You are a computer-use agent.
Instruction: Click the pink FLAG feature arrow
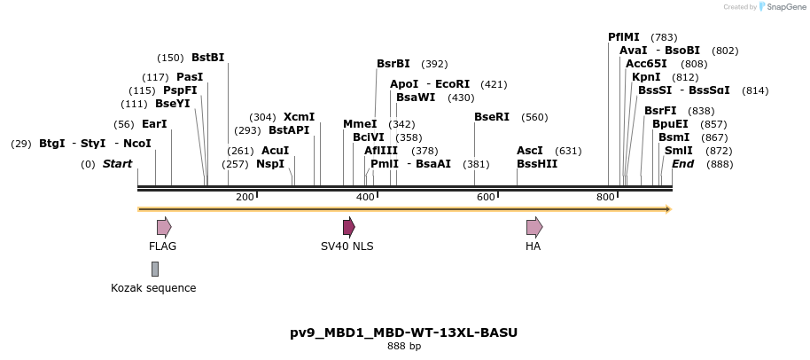tap(164, 227)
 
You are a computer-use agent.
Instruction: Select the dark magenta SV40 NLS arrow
tap(349, 227)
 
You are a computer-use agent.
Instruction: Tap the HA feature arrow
tap(534, 227)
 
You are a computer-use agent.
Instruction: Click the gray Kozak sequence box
tap(155, 269)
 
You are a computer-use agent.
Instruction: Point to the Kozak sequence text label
tap(153, 288)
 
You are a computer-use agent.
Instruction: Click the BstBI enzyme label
tap(208, 58)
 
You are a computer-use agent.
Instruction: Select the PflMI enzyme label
tap(624, 37)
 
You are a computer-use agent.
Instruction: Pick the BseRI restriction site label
tap(492, 117)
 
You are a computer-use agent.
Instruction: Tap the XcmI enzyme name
tap(299, 117)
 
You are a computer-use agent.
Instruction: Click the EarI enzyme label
tap(154, 124)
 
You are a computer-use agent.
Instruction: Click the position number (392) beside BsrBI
tap(434, 64)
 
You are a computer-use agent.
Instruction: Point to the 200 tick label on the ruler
tap(245, 196)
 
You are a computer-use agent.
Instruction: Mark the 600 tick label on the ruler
tap(486, 196)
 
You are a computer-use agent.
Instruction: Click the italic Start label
tap(117, 164)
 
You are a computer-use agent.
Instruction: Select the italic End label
tap(682, 164)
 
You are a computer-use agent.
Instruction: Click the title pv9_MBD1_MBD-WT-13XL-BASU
tap(404, 333)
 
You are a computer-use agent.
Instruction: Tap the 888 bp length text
tap(404, 347)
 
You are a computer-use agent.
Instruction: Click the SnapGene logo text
tap(783, 7)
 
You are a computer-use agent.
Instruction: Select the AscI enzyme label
tap(530, 151)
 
